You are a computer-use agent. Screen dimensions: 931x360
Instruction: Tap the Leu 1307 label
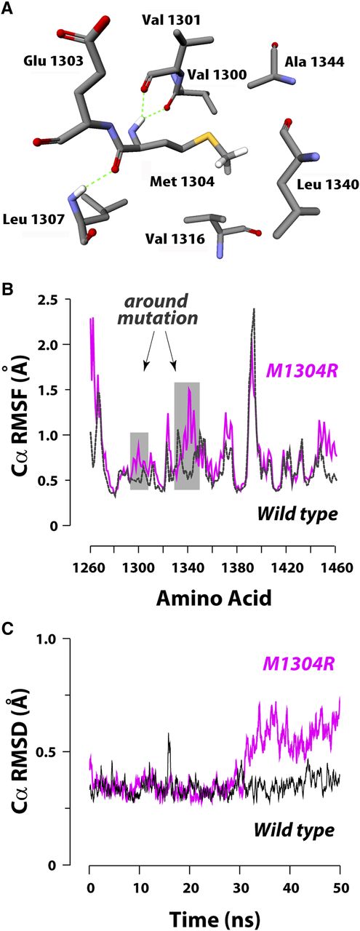[31, 218]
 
